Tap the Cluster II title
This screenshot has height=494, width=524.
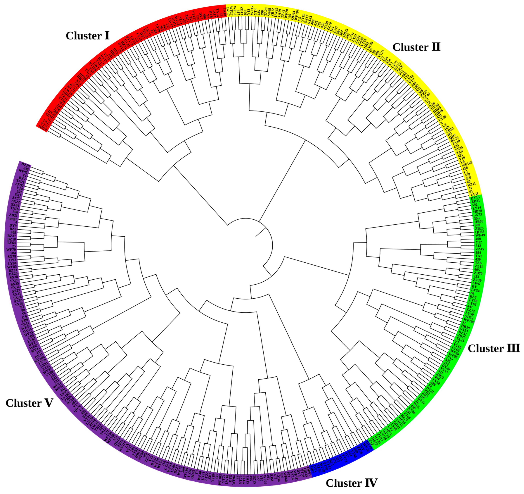pyautogui.click(x=416, y=47)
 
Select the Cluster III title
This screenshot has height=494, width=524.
pyautogui.click(x=493, y=348)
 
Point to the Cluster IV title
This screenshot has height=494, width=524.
pyautogui.click(x=351, y=483)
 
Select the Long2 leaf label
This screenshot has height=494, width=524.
pyautogui.click(x=12, y=219)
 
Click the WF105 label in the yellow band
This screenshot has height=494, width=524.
pyautogui.click(x=467, y=164)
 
